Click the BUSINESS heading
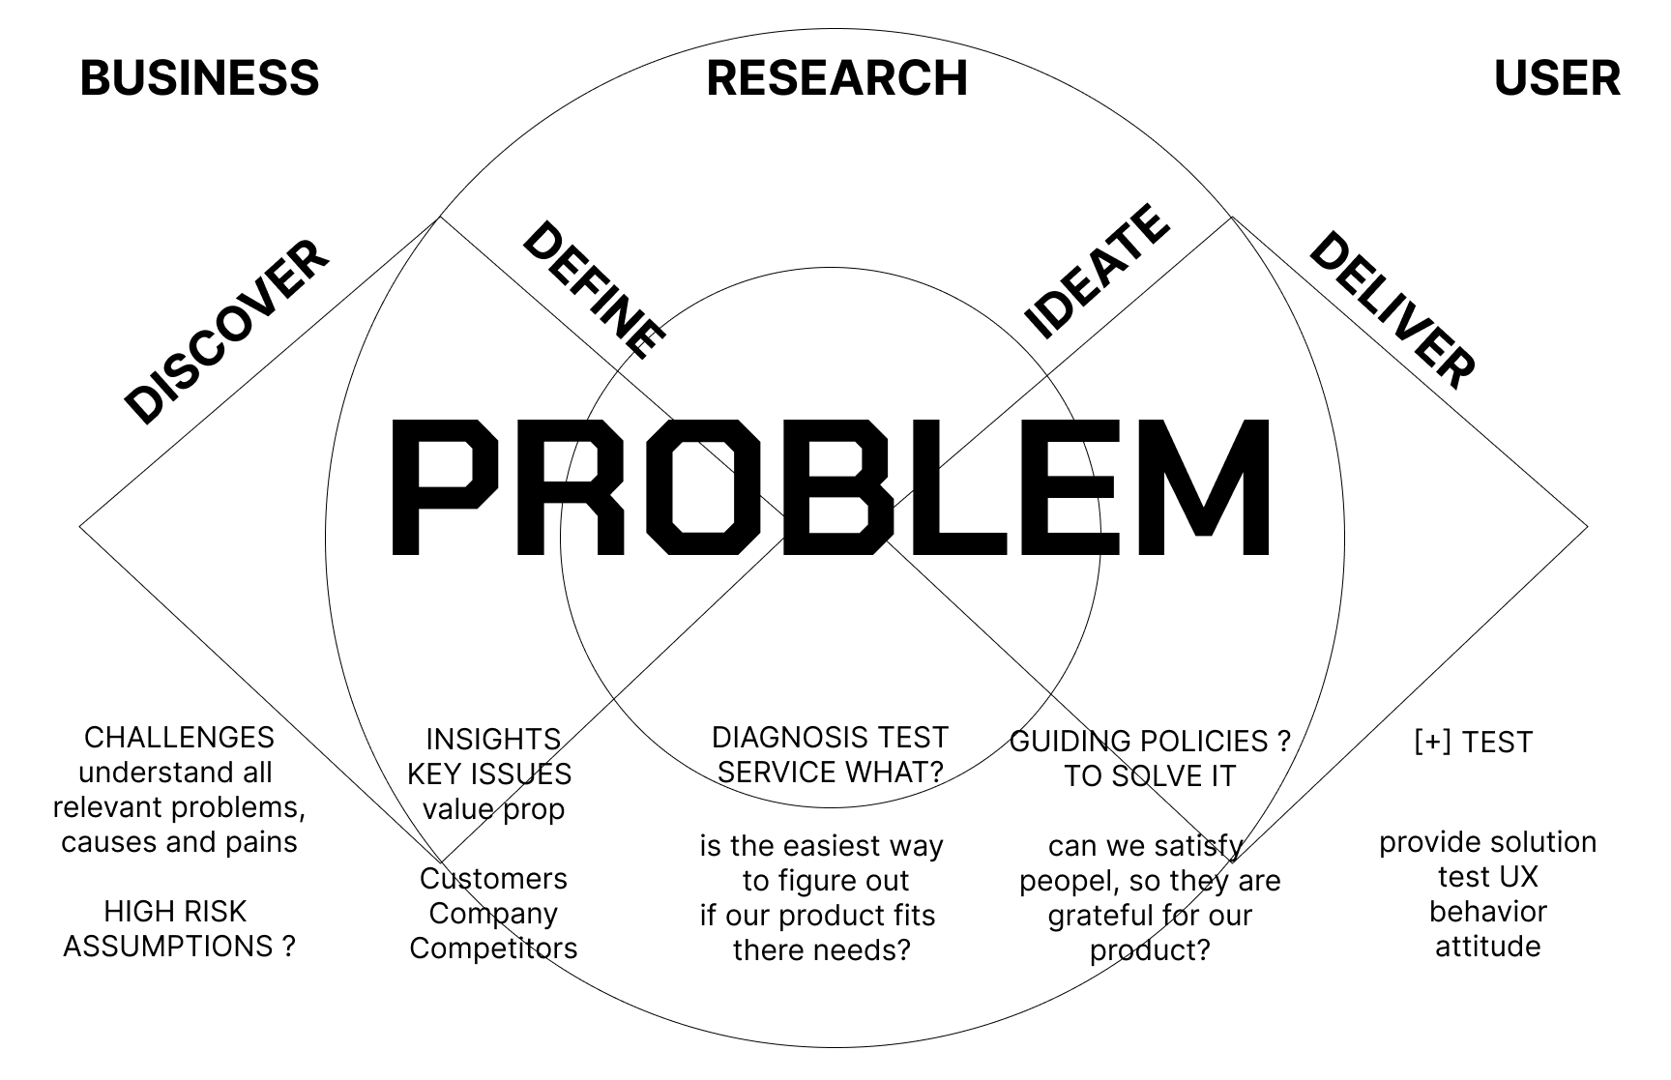(x=199, y=78)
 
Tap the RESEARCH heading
(x=836, y=78)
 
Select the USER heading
(x=1557, y=78)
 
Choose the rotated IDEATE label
(x=1096, y=271)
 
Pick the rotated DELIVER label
(x=1392, y=309)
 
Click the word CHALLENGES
(x=179, y=738)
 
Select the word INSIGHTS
(x=493, y=740)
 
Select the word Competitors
(x=493, y=949)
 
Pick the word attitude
(x=1487, y=947)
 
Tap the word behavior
(x=1487, y=912)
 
